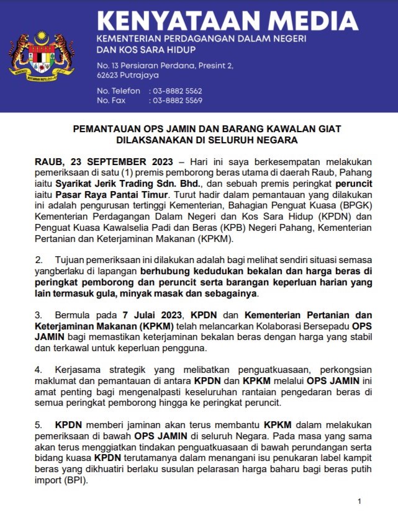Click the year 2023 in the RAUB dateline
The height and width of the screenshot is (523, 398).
pos(156,159)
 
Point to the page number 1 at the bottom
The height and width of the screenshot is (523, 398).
pos(359,501)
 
